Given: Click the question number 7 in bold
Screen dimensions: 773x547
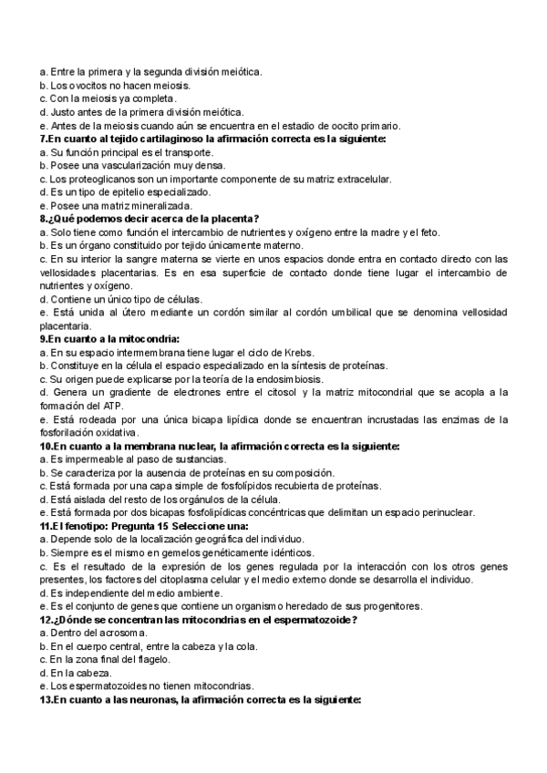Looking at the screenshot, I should coord(44,139).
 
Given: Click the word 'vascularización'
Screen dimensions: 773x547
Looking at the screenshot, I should coord(119,165).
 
